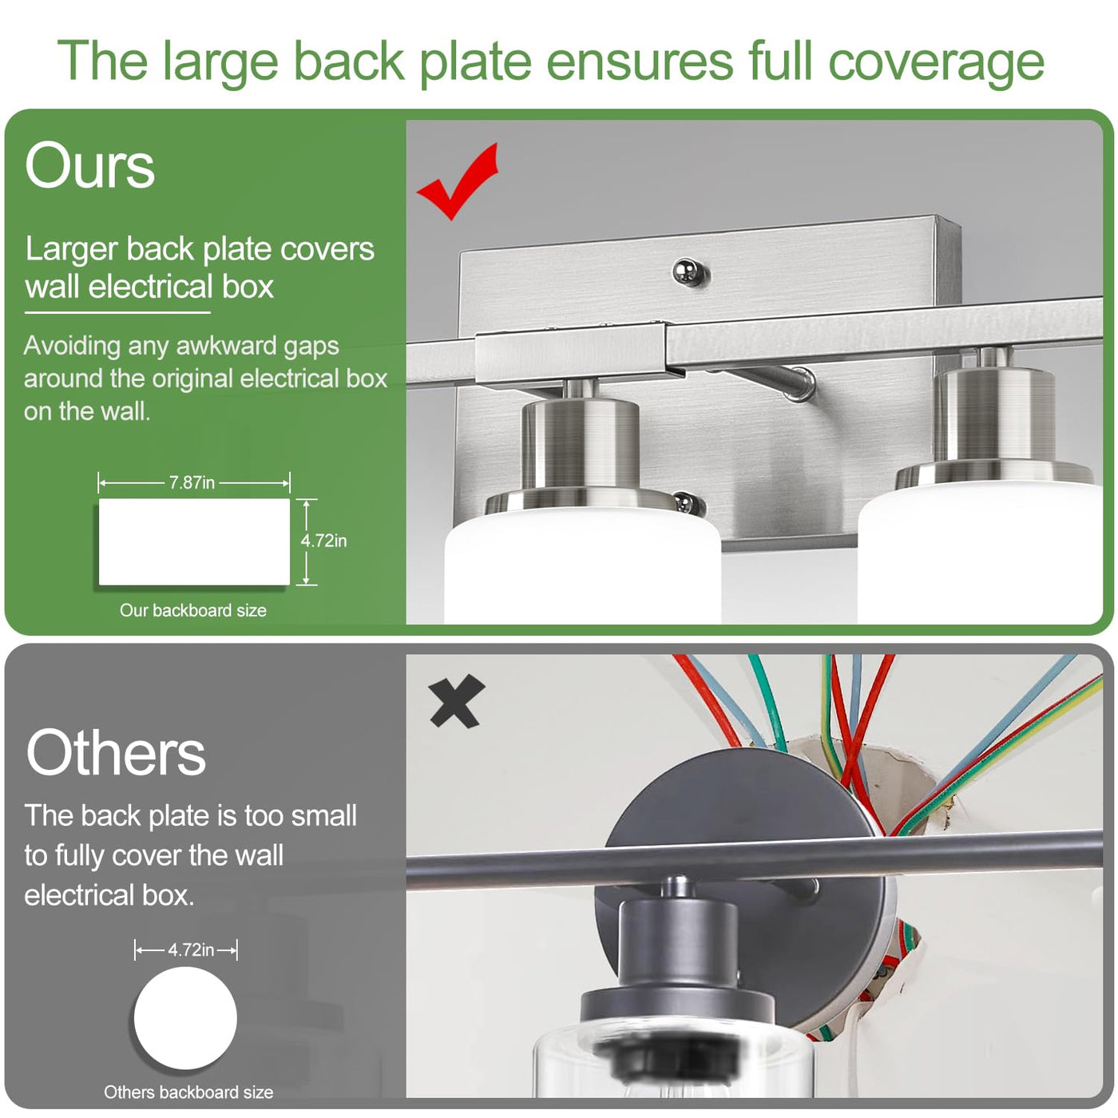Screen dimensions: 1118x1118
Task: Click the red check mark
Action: [x=458, y=184]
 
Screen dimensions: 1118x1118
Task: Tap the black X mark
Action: [x=457, y=701]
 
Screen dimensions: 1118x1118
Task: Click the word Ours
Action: [x=90, y=166]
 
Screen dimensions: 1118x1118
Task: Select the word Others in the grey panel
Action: [x=116, y=752]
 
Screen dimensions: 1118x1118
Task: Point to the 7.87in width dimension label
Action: [x=192, y=482]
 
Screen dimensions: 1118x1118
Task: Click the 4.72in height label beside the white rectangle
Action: [x=323, y=541]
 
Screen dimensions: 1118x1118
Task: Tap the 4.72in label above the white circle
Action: [x=191, y=950]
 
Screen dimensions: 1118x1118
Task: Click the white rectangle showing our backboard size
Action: [x=194, y=542]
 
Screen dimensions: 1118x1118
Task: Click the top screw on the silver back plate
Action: [x=690, y=272]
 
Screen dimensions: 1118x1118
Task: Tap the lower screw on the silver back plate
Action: [x=689, y=503]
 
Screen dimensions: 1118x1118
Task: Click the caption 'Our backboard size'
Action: [x=193, y=610]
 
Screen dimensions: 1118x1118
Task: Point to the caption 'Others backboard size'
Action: [x=188, y=1092]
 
